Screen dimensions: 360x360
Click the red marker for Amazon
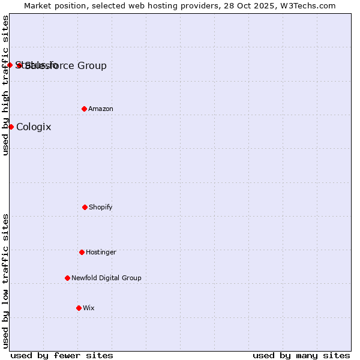coord(84,109)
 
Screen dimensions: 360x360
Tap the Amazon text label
coord(101,109)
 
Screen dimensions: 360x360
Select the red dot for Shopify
coord(85,207)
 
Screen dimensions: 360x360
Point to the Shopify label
coord(101,207)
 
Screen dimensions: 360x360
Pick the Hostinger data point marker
coord(82,252)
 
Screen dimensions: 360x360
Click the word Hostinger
coord(101,252)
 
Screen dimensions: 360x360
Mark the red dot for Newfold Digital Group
coord(67,278)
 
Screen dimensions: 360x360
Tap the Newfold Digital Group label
coord(106,278)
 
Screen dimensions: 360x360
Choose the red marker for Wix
coord(79,308)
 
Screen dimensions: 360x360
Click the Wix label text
coord(89,308)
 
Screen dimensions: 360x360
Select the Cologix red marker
coord(11,127)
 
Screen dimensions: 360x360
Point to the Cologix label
coord(34,127)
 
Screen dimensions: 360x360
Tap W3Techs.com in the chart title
coord(307,5)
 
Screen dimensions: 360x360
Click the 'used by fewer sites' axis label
coord(62,355)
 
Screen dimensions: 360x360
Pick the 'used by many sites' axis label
coord(301,355)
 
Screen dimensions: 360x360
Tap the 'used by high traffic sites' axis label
coord(5,85)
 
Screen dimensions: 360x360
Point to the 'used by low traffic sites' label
coord(5,281)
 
